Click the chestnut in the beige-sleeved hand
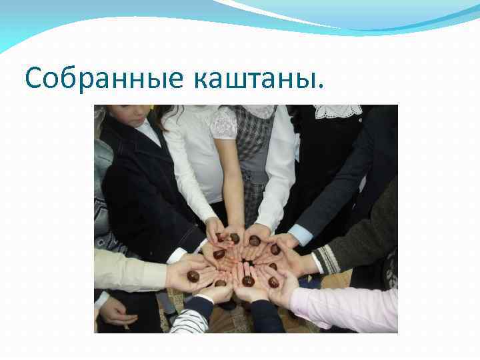(x=193, y=275)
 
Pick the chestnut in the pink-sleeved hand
(x=273, y=281)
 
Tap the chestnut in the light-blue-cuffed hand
(x=275, y=249)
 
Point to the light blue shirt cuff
(x=301, y=234)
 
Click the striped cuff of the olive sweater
(x=325, y=259)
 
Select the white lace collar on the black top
(x=337, y=111)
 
